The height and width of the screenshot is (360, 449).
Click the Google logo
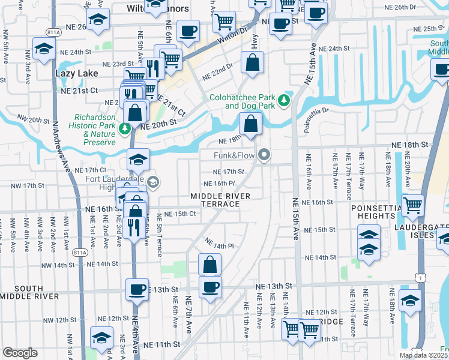(x=20, y=353)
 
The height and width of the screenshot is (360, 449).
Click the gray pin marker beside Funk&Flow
(x=264, y=157)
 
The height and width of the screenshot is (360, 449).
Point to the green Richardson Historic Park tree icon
(x=124, y=128)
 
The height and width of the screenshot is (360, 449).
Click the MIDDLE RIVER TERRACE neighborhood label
(x=220, y=200)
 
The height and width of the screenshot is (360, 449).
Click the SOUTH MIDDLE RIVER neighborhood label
(x=29, y=292)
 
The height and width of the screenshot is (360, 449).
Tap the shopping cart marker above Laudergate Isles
(x=412, y=205)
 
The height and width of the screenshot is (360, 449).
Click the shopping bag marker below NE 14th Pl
(x=210, y=264)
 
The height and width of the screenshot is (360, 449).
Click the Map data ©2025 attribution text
(x=423, y=355)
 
